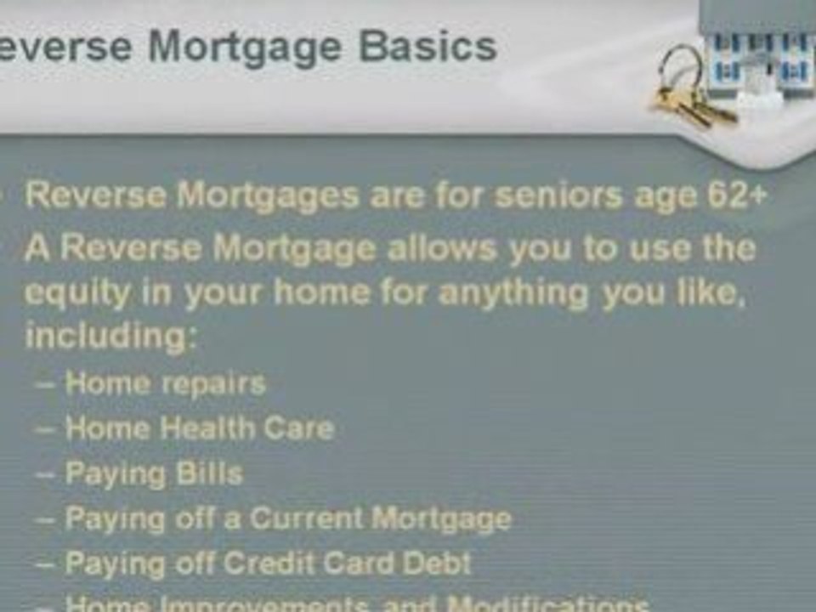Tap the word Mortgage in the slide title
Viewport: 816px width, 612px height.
pos(246,48)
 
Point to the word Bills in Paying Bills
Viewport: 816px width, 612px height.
pos(209,473)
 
